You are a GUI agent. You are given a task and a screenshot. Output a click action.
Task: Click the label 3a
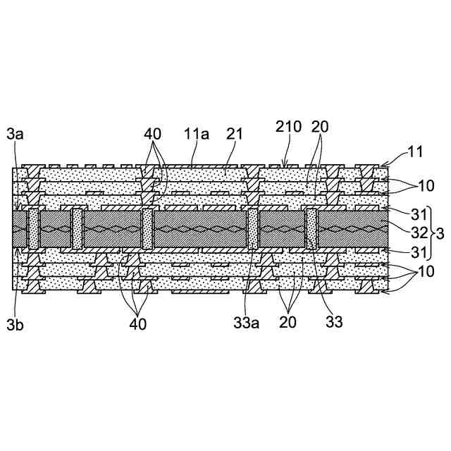pyautogui.click(x=15, y=133)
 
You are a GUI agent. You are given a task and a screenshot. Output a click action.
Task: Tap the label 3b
pyautogui.click(x=15, y=326)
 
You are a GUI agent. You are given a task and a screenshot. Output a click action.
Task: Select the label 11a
pyautogui.click(x=196, y=133)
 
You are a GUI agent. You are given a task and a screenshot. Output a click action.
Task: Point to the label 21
pyautogui.click(x=233, y=133)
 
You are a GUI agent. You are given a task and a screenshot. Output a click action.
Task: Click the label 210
pyautogui.click(x=288, y=127)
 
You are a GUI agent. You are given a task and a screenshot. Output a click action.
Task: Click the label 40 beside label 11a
pyautogui.click(x=153, y=133)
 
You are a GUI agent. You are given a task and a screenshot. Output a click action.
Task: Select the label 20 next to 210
pyautogui.click(x=320, y=127)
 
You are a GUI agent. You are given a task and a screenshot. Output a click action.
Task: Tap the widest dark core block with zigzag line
pyautogui.click(x=201, y=230)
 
